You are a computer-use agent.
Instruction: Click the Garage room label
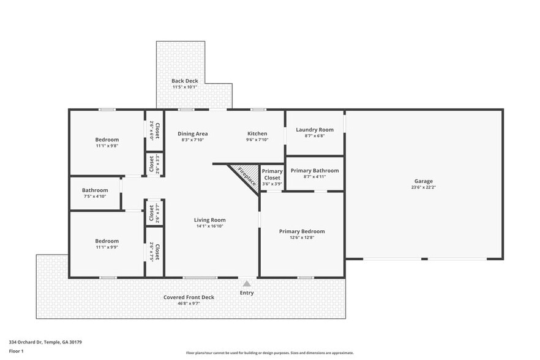423,181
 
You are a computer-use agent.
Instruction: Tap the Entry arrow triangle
247,283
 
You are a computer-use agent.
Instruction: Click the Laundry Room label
314,129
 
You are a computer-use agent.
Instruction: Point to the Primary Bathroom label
314,170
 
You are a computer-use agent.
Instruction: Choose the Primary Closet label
272,174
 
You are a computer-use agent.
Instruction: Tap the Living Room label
210,220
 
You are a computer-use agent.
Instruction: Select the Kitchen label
257,133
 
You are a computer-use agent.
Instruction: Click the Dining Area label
193,133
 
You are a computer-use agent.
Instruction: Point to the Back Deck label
184,81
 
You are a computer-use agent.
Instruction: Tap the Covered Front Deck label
189,298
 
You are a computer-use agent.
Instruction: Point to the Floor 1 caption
17,351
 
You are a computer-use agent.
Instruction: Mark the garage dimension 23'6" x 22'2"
423,187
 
